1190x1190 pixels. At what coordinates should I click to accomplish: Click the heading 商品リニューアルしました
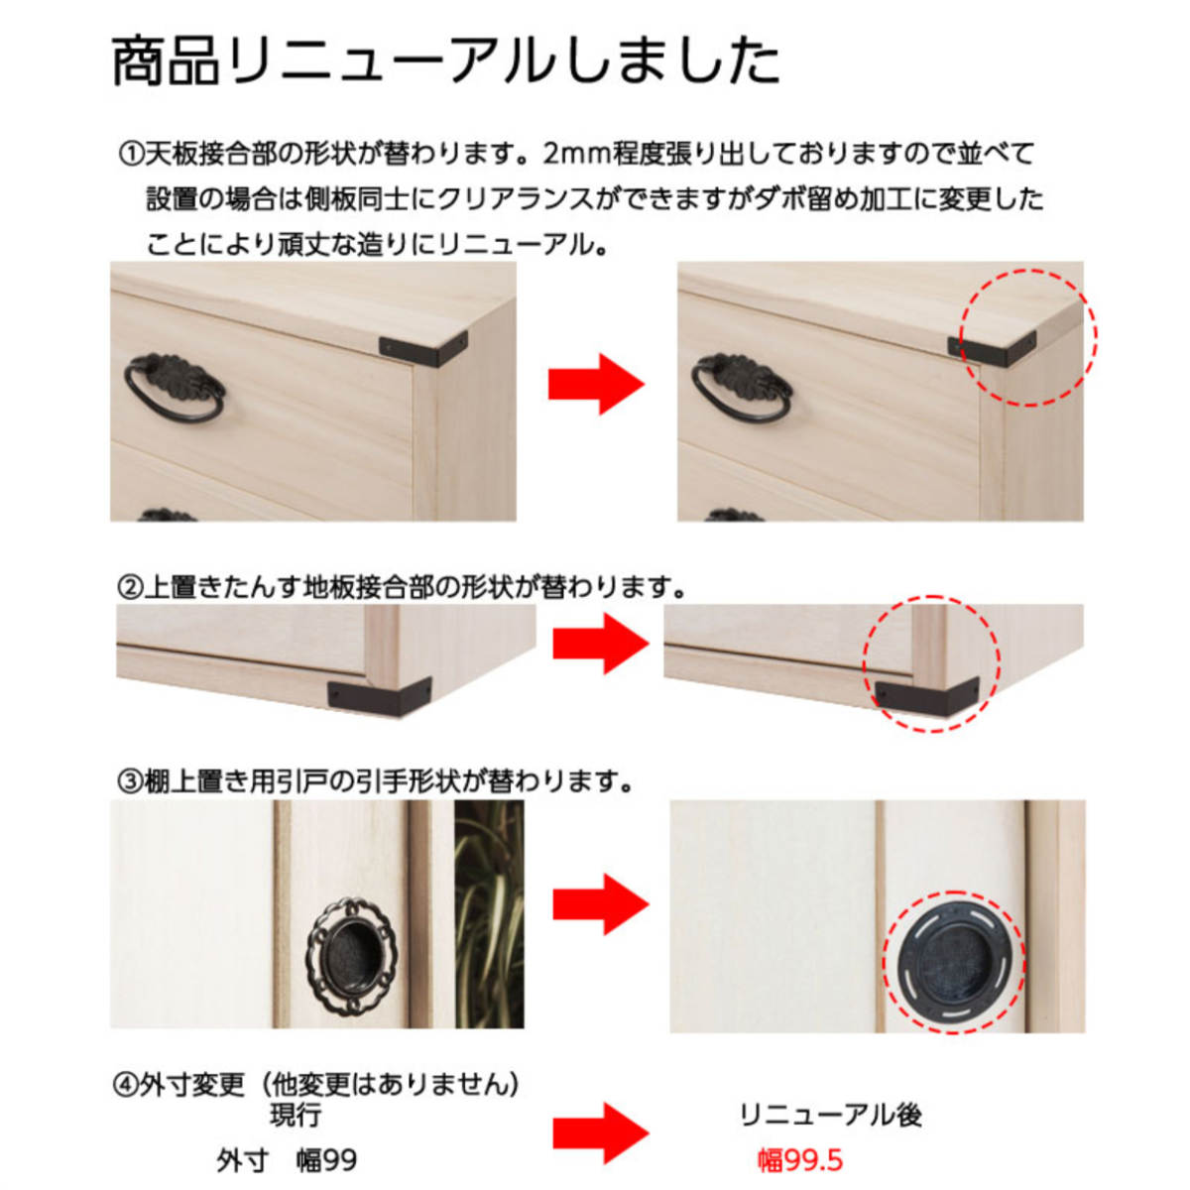point(445,61)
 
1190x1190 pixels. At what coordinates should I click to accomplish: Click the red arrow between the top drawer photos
point(596,386)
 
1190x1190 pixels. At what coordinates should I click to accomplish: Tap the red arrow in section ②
point(600,644)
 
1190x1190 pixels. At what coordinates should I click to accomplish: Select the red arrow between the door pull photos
point(600,903)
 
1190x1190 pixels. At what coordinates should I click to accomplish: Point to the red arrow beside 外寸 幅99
point(600,1133)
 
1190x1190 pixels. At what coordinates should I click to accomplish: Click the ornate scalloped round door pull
point(356,949)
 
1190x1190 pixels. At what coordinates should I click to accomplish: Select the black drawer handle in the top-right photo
point(739,388)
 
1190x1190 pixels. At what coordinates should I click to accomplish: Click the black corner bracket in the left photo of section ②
point(380,690)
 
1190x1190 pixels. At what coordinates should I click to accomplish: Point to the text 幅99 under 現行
point(326,1160)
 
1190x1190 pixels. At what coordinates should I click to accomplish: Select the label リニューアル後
point(830,1115)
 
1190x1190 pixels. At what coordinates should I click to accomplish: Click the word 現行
point(295,1115)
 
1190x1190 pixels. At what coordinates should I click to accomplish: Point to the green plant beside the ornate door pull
point(489,912)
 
